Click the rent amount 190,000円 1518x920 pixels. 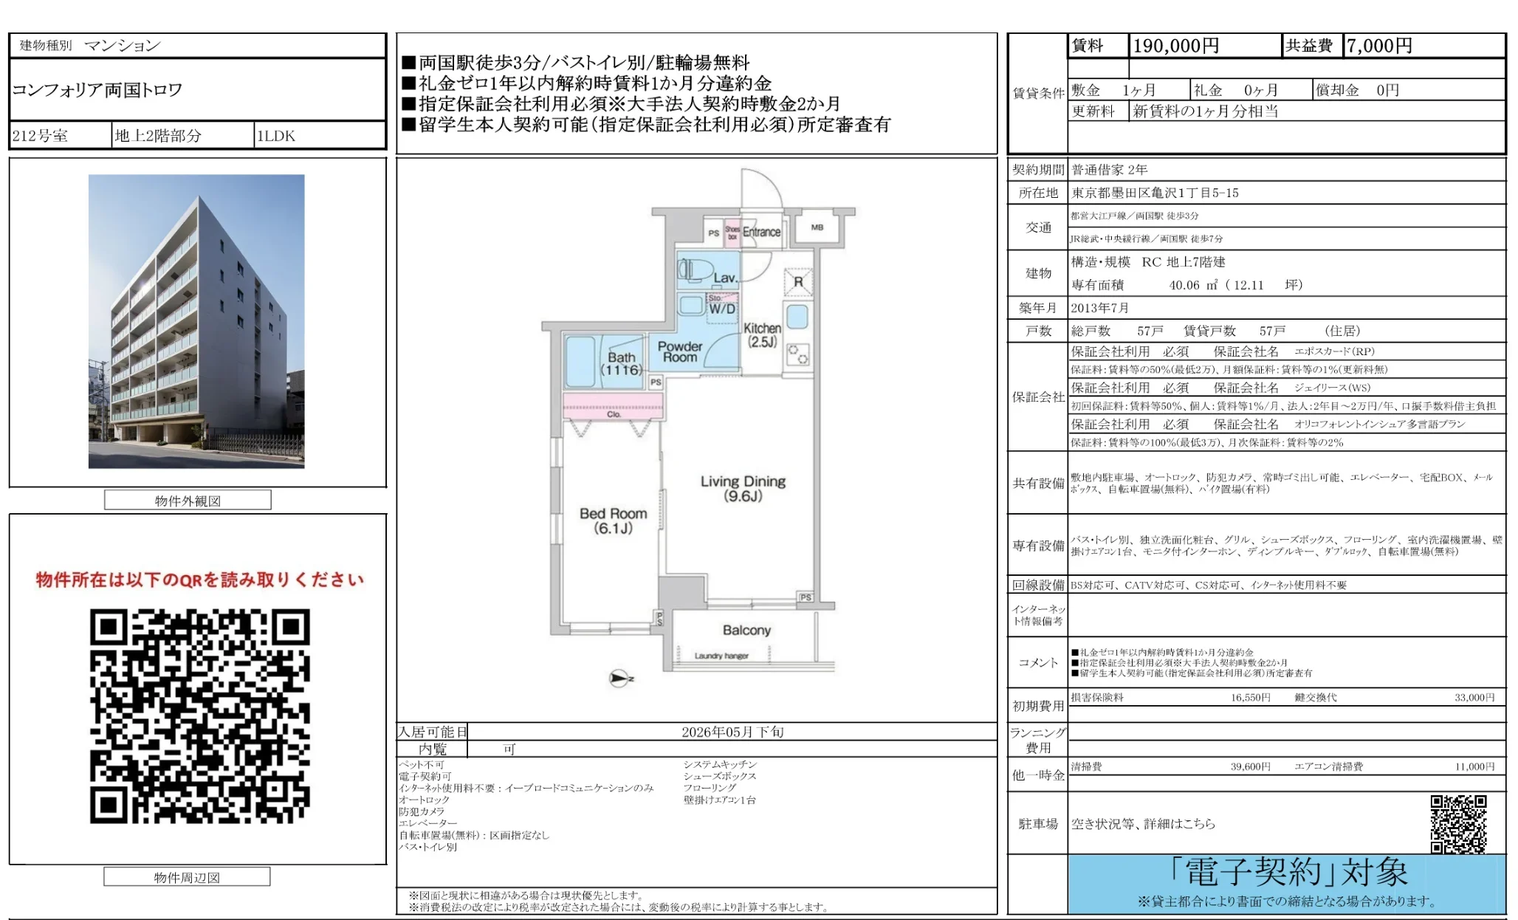point(1175,46)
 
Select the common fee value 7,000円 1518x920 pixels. point(1378,46)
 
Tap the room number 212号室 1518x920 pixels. point(41,136)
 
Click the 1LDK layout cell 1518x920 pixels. point(276,136)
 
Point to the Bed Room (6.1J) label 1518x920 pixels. point(613,521)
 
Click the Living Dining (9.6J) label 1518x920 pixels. point(743,488)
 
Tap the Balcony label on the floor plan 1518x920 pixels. point(746,630)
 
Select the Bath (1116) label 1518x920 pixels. point(621,363)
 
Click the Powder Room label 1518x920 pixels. point(680,351)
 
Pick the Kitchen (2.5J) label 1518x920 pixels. point(762,334)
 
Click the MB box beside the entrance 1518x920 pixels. point(817,227)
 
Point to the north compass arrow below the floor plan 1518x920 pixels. point(620,678)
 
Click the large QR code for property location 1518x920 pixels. point(199,715)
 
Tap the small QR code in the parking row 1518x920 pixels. point(1458,823)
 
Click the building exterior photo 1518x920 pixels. point(196,321)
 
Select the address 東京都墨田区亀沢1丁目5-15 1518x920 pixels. point(1155,193)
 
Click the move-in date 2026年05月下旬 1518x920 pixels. point(732,732)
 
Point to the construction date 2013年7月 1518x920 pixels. point(1100,308)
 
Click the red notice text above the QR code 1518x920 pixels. point(199,580)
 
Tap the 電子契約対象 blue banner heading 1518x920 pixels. point(1288,873)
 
